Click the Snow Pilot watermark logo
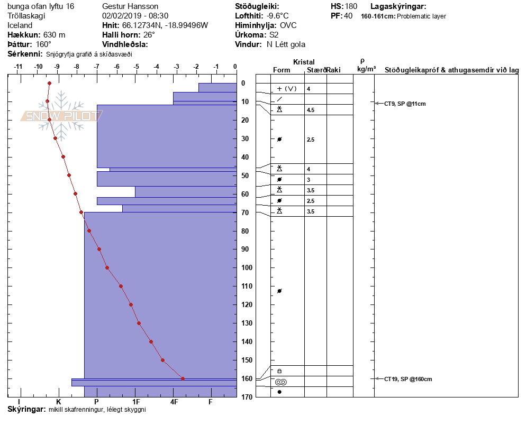tap(62, 116)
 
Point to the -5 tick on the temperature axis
tap(137, 67)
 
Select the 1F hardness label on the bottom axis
tap(135, 402)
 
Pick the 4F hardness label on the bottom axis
tap(174, 402)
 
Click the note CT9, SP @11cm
tap(405, 104)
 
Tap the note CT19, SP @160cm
tap(408, 379)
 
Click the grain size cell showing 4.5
tap(311, 110)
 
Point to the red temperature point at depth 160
tap(183, 378)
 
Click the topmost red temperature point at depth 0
tap(49, 83)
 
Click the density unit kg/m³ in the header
tap(366, 69)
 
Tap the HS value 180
tap(351, 6)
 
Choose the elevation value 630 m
tap(55, 35)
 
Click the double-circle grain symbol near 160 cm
tap(280, 382)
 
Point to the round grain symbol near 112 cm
tap(279, 291)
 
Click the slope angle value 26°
tap(149, 35)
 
